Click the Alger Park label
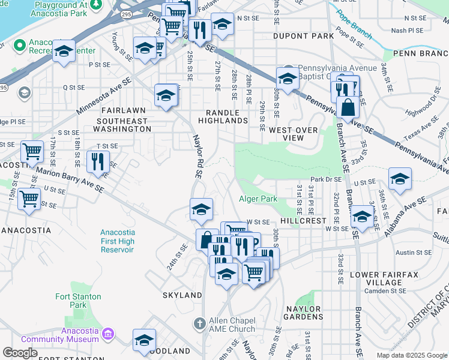pos(258,199)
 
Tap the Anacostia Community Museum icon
pos(109,333)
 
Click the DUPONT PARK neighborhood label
pos(303,36)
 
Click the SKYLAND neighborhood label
pos(182,295)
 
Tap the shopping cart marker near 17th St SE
pos(32,151)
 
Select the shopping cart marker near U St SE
pos(29,198)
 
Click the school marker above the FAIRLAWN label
pos(166,95)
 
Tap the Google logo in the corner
pos(20,353)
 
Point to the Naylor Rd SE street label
pos(197,156)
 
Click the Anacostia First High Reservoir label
pos(118,241)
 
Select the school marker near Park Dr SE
pos(400,179)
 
